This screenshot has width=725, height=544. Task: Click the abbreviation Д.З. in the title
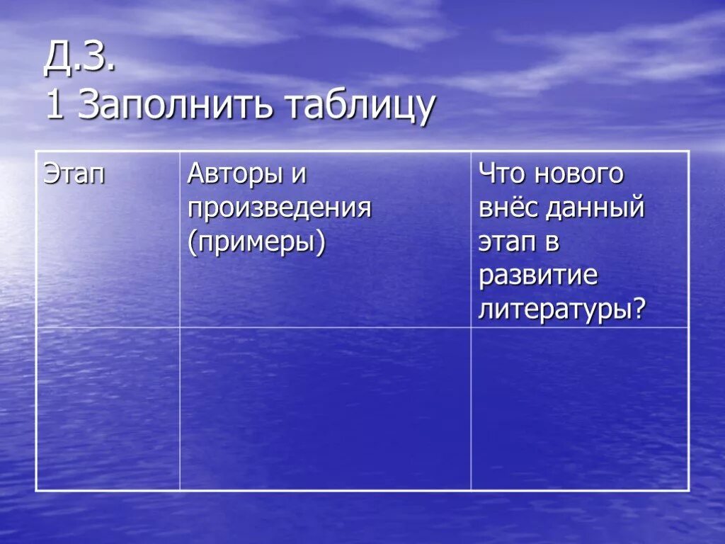(79, 60)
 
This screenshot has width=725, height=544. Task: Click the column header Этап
(74, 174)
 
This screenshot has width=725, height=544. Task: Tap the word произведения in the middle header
(279, 209)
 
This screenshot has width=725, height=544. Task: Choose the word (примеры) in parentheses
(256, 243)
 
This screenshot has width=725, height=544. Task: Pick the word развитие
(538, 276)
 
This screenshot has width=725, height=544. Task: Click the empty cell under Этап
(108, 408)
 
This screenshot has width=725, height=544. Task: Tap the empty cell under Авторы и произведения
(325, 408)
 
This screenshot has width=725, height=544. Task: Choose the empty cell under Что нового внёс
(579, 408)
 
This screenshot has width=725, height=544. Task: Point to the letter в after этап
(552, 243)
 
